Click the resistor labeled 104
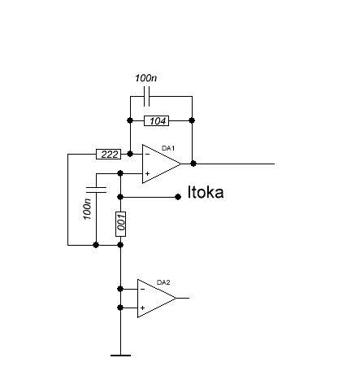click(x=157, y=120)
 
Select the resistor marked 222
click(x=109, y=155)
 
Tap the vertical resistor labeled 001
click(x=120, y=224)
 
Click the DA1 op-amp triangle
click(x=162, y=164)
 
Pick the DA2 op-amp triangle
click(x=157, y=299)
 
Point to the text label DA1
click(x=168, y=148)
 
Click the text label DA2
click(x=163, y=282)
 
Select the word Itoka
click(x=206, y=192)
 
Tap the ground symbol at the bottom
click(x=120, y=356)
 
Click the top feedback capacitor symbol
click(x=146, y=97)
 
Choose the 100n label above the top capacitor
click(x=145, y=78)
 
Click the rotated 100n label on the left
click(x=87, y=209)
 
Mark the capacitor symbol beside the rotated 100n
click(x=96, y=190)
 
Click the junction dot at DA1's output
click(x=193, y=164)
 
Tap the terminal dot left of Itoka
click(x=178, y=197)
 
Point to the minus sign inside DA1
click(x=147, y=155)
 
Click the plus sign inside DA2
click(x=142, y=308)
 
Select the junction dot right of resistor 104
click(x=192, y=120)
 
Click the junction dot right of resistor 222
click(x=130, y=154)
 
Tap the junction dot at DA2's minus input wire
click(x=120, y=289)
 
